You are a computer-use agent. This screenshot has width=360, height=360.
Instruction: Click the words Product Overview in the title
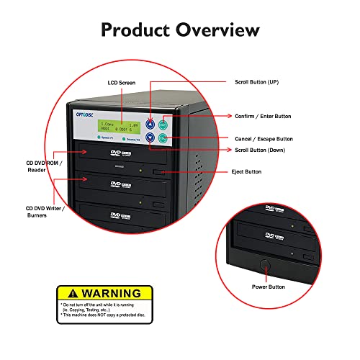[180, 30]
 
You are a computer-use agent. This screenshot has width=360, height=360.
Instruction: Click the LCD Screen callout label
[122, 84]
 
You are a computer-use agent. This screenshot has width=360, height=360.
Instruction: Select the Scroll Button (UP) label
[257, 84]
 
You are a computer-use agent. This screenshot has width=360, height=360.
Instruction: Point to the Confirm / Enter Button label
[263, 117]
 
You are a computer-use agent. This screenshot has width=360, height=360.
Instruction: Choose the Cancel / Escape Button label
[264, 139]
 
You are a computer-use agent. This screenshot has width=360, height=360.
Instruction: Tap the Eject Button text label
[248, 172]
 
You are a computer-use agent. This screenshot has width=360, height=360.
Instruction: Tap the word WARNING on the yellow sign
[111, 293]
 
